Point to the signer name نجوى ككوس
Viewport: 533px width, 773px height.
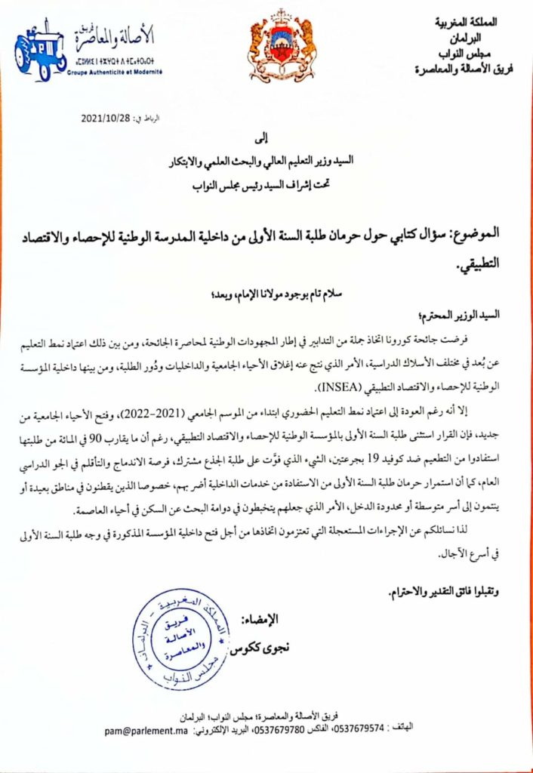(257, 650)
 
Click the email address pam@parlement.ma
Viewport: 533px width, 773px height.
(144, 731)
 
